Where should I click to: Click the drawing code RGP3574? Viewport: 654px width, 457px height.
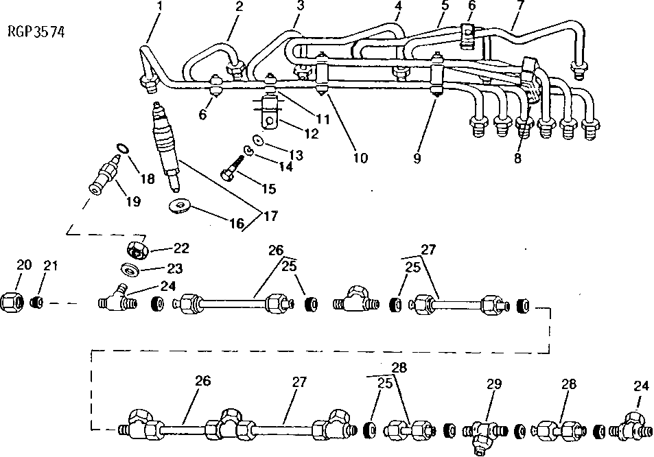(38, 32)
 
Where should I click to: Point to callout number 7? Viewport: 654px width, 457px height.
(520, 6)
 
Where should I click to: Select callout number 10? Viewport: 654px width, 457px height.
(360, 159)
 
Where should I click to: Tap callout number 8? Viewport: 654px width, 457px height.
(517, 159)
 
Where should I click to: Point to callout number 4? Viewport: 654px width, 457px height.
(398, 7)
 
